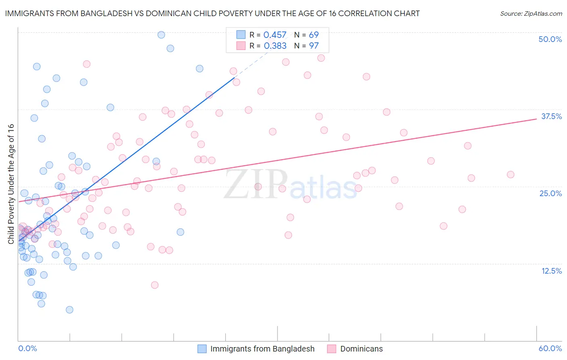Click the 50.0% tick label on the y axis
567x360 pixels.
[x=550, y=39]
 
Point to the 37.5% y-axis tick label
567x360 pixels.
[x=551, y=116]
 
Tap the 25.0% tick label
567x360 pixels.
[x=550, y=193]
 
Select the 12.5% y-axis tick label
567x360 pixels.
[x=551, y=271]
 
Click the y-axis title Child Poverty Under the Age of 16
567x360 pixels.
[x=11, y=184]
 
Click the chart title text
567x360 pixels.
[x=212, y=13]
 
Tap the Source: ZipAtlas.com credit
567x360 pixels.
[x=531, y=13]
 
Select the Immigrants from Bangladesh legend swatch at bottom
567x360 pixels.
[x=202, y=349]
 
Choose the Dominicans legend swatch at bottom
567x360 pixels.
[x=332, y=349]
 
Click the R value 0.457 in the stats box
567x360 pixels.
[x=275, y=35]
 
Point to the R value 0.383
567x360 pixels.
[x=275, y=46]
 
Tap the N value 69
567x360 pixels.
[x=314, y=35]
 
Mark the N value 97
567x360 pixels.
[x=314, y=46]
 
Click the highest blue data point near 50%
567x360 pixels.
[x=161, y=35]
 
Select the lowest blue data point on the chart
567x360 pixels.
[x=69, y=310]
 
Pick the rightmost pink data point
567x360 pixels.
[x=511, y=175]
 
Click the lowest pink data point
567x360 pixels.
[x=154, y=285]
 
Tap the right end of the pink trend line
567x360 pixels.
[x=536, y=119]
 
